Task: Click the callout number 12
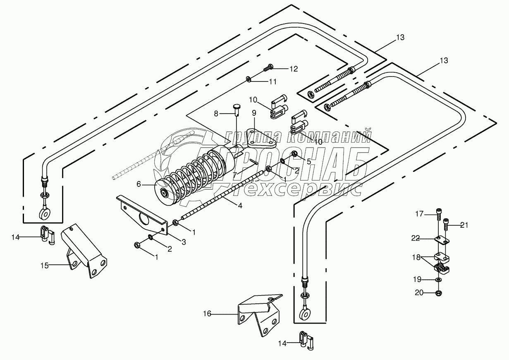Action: click(x=293, y=69)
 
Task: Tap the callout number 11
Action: click(x=272, y=82)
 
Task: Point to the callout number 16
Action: click(x=207, y=314)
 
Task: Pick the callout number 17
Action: click(x=420, y=214)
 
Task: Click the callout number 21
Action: click(x=464, y=225)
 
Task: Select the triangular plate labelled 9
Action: click(x=258, y=138)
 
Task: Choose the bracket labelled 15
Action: click(x=85, y=252)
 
